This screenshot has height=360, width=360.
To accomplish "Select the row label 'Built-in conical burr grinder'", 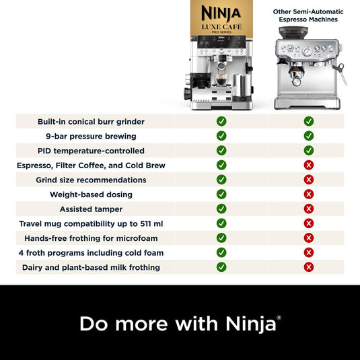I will pos(92,122).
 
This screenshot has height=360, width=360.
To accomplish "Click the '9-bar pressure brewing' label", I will pos(91,136).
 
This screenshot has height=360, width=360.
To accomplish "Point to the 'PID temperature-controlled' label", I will pos(91,151).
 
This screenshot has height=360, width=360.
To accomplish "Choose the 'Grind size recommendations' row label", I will pos(91,180).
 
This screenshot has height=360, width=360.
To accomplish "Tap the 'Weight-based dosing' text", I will pos(91,194).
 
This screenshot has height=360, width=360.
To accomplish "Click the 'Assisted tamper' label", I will pos(91,209).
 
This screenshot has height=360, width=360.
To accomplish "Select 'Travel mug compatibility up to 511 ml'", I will pos(91,223).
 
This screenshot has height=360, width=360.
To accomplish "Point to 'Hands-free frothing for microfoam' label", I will pos(91,238).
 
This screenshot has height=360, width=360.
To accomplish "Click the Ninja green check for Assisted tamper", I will pos(221,209).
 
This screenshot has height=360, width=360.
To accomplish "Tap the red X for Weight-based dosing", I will pos(309,194).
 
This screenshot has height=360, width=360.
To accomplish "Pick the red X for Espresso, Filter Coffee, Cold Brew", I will pos(309,165).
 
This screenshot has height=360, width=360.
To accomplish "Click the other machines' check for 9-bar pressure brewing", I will pos(309,136).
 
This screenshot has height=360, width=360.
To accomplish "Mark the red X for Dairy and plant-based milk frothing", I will pos(309,267).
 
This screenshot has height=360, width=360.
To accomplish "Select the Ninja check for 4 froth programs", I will pos(221,252).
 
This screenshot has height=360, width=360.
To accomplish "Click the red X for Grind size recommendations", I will pos(309,180).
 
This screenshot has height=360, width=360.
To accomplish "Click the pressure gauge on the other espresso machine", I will pos(308,52).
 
